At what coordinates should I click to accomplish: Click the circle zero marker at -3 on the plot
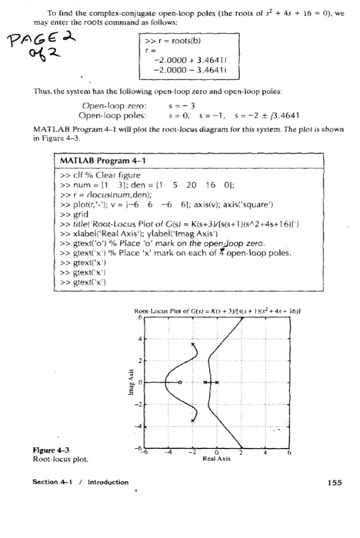pyautogui.click(x=180, y=381)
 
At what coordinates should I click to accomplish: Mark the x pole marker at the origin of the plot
pyautogui.click(x=217, y=381)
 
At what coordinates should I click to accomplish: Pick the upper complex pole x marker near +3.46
pyautogui.click(x=193, y=344)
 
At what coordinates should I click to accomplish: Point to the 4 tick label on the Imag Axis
pyautogui.click(x=142, y=337)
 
